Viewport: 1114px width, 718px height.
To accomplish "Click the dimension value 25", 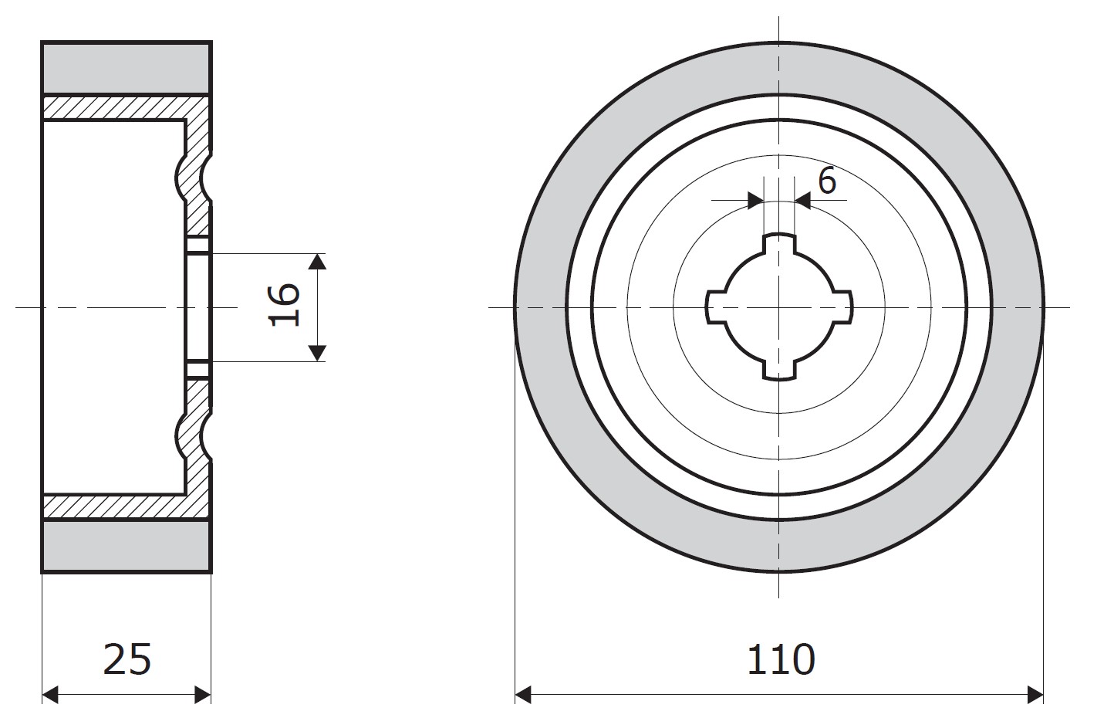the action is click(127, 659).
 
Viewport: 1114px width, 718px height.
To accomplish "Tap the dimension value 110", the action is click(781, 659).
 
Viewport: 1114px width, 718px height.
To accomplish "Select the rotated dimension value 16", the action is click(284, 304).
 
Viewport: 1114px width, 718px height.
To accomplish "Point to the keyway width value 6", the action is click(826, 181).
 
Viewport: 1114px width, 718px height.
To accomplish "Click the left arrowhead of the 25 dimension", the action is click(50, 695).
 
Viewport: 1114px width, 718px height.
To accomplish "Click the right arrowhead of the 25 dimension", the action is click(203, 695).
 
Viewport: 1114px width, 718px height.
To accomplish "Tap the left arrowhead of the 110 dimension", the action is click(523, 695).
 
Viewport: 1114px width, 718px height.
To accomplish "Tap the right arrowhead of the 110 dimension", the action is click(1035, 695).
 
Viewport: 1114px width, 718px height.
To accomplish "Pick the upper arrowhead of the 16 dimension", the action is click(317, 262).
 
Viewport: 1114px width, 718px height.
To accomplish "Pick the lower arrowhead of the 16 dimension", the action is click(317, 353).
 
